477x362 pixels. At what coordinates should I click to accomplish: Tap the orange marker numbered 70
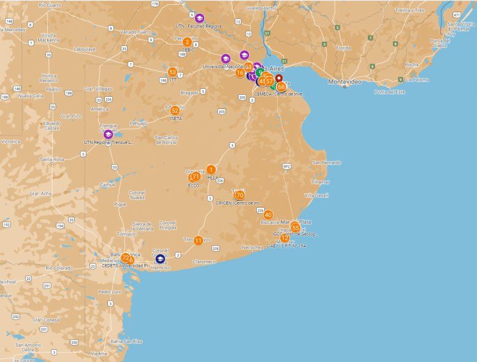240,195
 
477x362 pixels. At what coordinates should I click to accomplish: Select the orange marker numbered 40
268,214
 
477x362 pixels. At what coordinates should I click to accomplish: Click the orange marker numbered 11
198,241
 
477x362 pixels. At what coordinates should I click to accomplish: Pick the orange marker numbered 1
211,169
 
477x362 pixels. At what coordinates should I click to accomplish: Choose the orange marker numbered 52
175,110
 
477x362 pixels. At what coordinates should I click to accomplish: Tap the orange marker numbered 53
172,72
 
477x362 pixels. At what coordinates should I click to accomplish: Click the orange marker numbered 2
187,42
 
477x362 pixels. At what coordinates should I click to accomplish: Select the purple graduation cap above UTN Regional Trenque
109,134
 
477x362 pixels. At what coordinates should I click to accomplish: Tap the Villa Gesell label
317,195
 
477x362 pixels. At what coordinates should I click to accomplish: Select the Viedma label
98,353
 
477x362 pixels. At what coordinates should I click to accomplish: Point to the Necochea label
253,247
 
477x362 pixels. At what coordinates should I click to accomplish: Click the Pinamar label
320,181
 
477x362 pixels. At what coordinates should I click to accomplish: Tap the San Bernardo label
327,162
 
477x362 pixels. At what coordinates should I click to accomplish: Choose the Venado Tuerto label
135,32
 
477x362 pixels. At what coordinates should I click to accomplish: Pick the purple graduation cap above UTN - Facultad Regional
199,18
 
